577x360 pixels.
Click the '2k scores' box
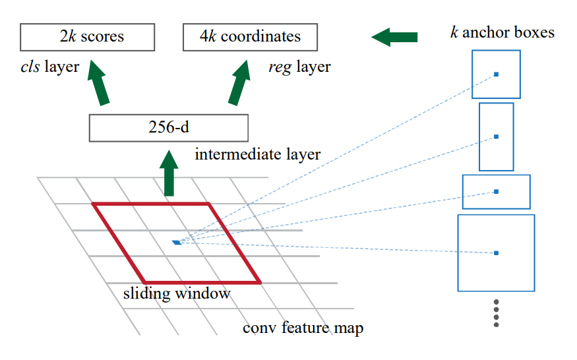(x=86, y=37)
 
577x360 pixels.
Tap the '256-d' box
(x=168, y=127)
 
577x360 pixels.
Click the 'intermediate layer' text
(x=258, y=155)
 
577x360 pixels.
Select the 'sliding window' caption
(x=177, y=293)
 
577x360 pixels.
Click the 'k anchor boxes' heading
(x=502, y=32)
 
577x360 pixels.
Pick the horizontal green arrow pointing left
(x=395, y=38)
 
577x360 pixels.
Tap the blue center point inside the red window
(x=177, y=243)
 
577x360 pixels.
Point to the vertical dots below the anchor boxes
(x=496, y=313)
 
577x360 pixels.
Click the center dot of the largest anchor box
(x=496, y=253)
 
